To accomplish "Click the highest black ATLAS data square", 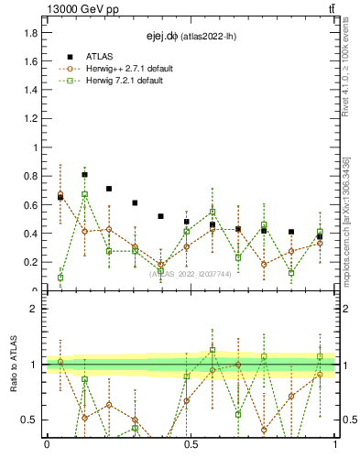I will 85,174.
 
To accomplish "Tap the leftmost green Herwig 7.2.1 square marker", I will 60,278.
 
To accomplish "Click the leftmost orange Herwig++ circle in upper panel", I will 60,195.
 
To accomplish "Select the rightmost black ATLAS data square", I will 320,236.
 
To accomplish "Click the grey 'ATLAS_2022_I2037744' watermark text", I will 190,273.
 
